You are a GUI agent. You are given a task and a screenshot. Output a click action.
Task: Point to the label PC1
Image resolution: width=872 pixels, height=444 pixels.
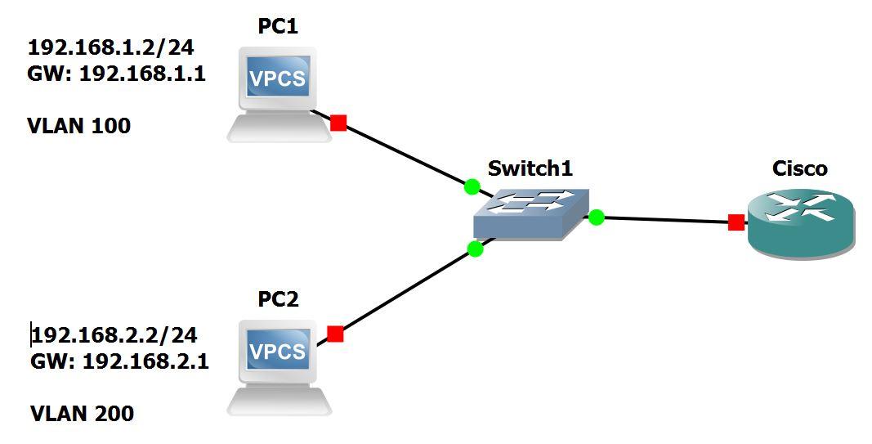(x=278, y=27)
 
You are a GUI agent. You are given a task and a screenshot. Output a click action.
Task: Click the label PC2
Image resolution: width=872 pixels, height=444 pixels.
(x=278, y=299)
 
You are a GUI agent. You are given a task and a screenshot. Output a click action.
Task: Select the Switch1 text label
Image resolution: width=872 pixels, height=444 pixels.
(x=530, y=168)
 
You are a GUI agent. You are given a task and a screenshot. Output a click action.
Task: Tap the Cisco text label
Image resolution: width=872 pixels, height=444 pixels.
(x=800, y=168)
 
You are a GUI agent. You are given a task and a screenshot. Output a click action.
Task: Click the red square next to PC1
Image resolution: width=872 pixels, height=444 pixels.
(x=338, y=123)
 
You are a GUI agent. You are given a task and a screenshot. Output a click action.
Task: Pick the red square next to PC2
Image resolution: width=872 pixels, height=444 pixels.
(x=335, y=334)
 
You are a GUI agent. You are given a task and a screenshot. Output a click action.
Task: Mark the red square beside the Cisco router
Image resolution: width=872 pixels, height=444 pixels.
(x=736, y=222)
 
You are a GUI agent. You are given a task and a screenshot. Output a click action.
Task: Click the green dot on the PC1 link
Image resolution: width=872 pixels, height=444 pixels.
(x=472, y=186)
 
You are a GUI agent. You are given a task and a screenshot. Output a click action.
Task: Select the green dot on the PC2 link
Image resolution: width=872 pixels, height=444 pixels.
(x=475, y=249)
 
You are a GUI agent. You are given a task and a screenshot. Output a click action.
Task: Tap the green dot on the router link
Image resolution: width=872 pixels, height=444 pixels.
(x=597, y=217)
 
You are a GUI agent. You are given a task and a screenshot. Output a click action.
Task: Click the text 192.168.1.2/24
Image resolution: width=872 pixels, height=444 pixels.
(x=110, y=46)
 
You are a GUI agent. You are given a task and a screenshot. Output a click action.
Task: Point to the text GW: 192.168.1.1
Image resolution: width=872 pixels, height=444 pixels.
(x=116, y=74)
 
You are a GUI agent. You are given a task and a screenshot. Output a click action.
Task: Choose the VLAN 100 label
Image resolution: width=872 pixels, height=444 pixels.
(x=79, y=126)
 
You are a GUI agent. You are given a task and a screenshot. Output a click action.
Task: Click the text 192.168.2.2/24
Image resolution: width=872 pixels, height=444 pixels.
(x=114, y=334)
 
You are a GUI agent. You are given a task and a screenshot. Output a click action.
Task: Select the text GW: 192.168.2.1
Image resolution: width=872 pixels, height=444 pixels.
(x=119, y=361)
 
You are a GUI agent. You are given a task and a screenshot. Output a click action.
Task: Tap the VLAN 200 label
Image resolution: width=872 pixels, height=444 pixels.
(x=82, y=414)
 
